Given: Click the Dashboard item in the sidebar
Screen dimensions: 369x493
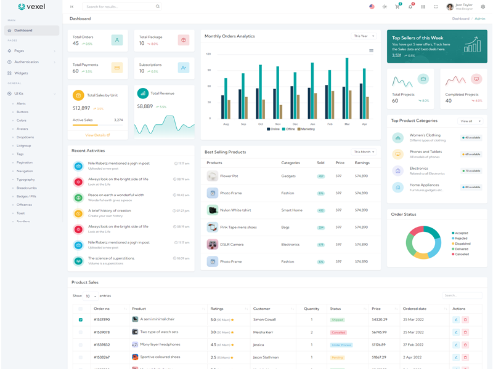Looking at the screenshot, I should coord(23,30).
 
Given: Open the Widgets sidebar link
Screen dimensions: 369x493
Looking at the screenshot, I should coord(21,73).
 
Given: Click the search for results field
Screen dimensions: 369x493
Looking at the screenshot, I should coord(120,7).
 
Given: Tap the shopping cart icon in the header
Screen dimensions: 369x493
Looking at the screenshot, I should coord(397,7).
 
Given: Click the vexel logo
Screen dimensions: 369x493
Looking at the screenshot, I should coord(31,7).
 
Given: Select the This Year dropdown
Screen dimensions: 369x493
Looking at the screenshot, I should coord(364,36).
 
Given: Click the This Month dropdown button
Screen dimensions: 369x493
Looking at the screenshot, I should coord(364,152).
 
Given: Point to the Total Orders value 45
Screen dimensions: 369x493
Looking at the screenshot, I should coord(76,44).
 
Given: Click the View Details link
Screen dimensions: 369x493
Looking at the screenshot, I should coord(97,135).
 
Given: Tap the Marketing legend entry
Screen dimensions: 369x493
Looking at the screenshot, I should coord(307,129).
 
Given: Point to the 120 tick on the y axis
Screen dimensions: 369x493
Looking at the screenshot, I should coord(209,54).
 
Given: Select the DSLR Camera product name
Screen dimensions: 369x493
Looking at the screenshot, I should coord(232,245).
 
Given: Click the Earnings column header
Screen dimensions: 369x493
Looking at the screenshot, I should coord(362,163).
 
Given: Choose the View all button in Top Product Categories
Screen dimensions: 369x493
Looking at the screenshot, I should coord(470,121).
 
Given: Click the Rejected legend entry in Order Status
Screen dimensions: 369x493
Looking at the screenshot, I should coord(461,239).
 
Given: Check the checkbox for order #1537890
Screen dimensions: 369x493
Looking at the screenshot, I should coord(81,320).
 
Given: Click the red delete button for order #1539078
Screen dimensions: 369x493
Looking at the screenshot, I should coord(465,332).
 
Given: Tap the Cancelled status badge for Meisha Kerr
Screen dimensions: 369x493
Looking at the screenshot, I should coord(338,332).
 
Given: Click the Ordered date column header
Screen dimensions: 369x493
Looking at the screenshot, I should coord(415,309).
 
